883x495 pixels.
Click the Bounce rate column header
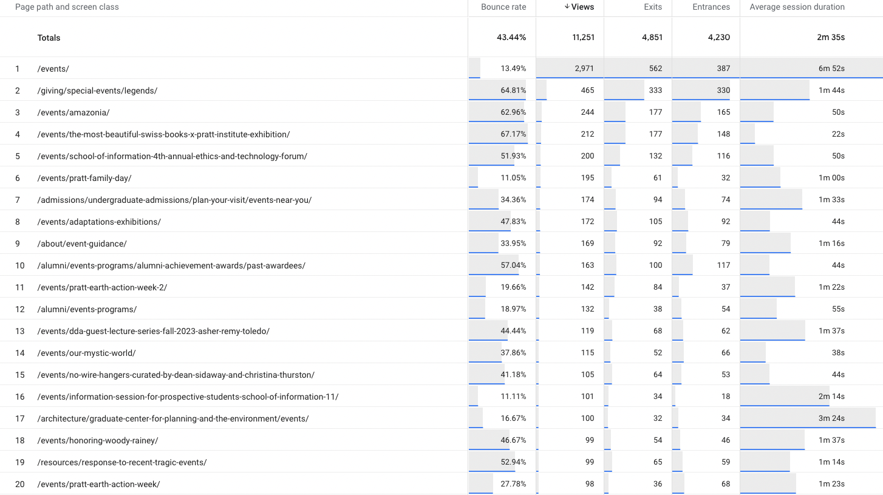pos(503,7)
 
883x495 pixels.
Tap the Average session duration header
pos(797,7)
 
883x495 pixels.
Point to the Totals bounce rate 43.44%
pos(511,38)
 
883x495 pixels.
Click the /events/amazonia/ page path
pos(73,112)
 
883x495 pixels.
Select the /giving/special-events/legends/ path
pos(97,90)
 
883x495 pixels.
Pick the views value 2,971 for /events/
pos(584,69)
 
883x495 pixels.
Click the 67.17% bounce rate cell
pos(513,134)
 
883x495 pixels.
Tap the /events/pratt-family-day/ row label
pos(84,178)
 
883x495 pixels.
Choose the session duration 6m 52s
pos(831,69)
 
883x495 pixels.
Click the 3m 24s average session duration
pos(831,418)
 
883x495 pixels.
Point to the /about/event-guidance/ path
pos(82,244)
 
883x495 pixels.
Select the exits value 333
pos(655,90)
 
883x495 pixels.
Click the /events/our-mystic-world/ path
pos(86,353)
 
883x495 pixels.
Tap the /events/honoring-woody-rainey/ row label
pos(98,440)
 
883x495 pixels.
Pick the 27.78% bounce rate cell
pos(513,484)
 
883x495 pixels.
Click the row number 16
pos(20,397)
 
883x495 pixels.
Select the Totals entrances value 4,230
pos(718,38)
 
